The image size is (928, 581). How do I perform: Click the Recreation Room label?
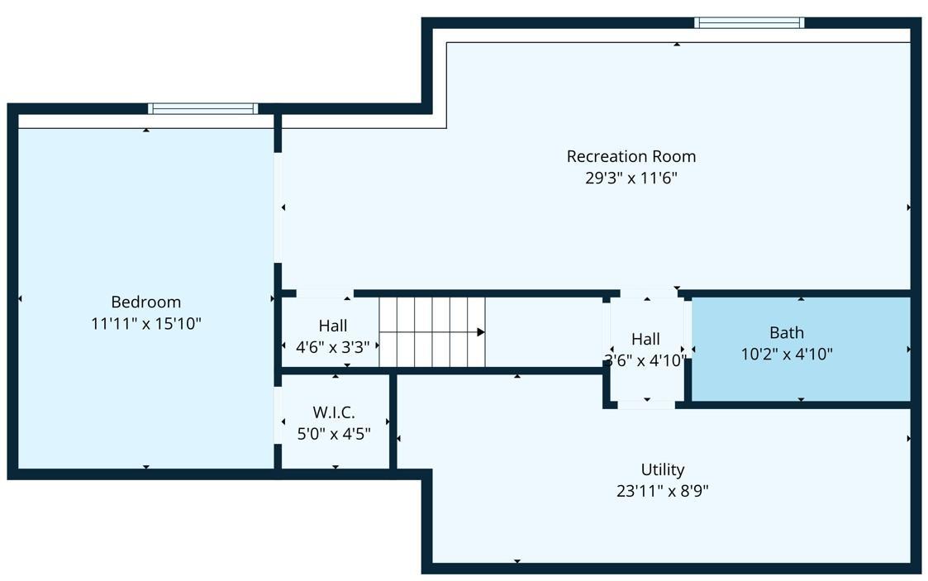631,157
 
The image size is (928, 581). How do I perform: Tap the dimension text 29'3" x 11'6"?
631,178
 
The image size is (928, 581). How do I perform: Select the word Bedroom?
146,302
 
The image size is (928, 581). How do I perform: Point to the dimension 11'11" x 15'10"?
146,324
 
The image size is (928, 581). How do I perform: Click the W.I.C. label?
334,412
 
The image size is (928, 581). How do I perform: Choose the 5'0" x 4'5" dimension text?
334,434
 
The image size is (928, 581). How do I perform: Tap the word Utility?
663,469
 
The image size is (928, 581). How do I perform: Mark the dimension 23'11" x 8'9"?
663,491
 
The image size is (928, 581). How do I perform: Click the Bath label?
787,332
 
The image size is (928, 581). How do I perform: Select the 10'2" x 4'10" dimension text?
787,355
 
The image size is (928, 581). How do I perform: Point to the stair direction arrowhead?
481,332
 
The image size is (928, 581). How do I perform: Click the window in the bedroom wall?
203,109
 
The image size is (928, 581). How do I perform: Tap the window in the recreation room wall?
750,23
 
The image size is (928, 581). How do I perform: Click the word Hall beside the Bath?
645,339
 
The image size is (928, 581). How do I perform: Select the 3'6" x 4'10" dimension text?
645,360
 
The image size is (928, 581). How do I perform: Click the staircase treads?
432,332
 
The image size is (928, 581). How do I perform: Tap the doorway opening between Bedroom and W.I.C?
278,415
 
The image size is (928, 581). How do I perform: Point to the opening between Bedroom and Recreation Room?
278,207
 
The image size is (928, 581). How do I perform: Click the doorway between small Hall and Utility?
646,405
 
